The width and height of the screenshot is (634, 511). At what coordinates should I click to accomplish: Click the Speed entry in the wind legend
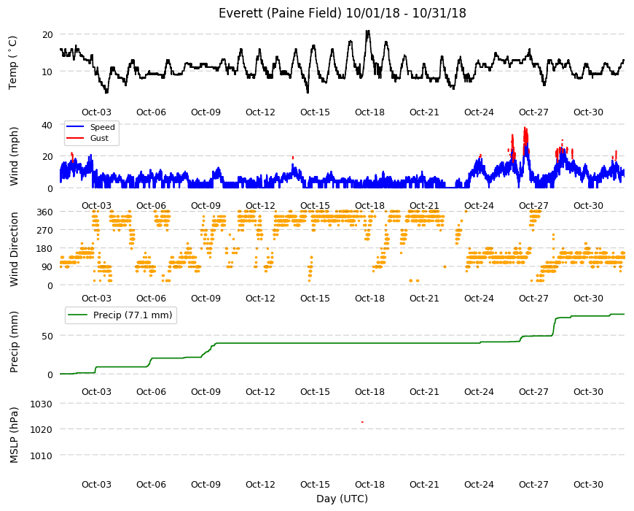click(102, 127)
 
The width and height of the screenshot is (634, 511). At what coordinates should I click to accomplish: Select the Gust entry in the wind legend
click(99, 138)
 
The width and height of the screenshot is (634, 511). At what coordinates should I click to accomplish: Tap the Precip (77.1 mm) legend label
click(133, 315)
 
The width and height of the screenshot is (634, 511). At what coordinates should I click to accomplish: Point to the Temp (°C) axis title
click(13, 63)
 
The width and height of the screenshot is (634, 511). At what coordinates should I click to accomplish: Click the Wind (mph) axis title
click(14, 156)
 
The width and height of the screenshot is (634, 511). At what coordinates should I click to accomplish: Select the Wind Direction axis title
click(14, 249)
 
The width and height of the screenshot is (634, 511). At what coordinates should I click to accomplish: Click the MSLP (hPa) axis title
click(14, 435)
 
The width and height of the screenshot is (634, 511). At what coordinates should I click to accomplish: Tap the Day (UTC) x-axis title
click(342, 499)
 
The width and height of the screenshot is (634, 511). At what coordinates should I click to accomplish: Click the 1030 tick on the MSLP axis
click(42, 404)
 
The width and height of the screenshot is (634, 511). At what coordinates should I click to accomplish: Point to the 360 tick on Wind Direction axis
click(44, 212)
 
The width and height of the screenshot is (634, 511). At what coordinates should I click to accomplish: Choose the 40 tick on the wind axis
click(47, 125)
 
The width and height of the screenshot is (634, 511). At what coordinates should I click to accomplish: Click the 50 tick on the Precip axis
click(47, 336)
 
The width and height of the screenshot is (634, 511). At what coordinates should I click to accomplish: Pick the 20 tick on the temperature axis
click(47, 35)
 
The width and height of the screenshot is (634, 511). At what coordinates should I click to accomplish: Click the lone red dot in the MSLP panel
click(362, 422)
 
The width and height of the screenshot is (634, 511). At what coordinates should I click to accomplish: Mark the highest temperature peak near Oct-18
click(367, 31)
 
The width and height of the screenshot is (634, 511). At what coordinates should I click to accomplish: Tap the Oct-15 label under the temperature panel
click(315, 112)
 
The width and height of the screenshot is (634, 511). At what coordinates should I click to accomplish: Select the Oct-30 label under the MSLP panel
click(588, 484)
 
